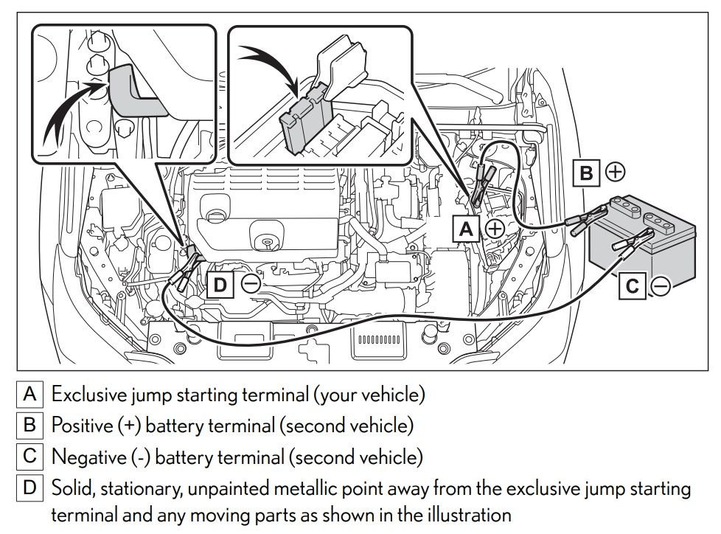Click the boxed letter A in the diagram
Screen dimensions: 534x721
click(466, 229)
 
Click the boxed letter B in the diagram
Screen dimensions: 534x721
click(587, 173)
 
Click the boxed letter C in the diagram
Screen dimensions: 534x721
click(633, 286)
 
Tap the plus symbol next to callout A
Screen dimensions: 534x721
click(494, 229)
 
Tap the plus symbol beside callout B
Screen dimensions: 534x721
click(615, 173)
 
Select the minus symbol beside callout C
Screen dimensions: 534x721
click(661, 286)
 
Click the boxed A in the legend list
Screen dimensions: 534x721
click(30, 394)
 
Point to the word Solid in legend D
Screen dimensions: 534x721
click(71, 488)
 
